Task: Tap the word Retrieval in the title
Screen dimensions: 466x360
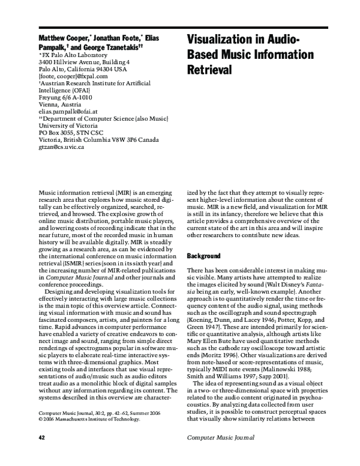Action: [209, 70]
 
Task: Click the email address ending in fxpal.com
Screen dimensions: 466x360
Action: [73, 76]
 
